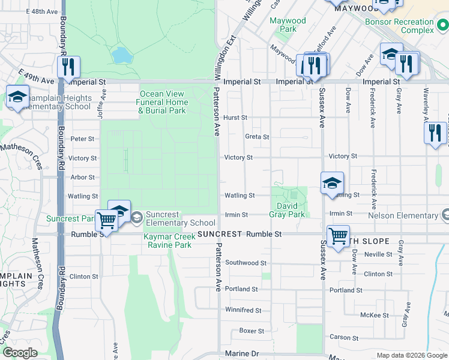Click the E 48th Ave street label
click(43, 11)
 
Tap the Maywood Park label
click(288, 25)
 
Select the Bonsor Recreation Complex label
click(400, 26)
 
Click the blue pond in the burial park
click(122, 55)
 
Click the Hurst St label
click(235, 118)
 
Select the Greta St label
click(257, 137)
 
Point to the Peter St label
click(83, 139)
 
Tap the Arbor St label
click(83, 178)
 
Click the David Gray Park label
click(291, 210)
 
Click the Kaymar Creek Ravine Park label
click(167, 241)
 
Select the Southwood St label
click(246, 263)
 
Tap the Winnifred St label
click(243, 310)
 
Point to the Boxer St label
click(252, 331)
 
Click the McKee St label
click(374, 315)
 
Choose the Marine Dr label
click(241, 354)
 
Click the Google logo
click(20, 353)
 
